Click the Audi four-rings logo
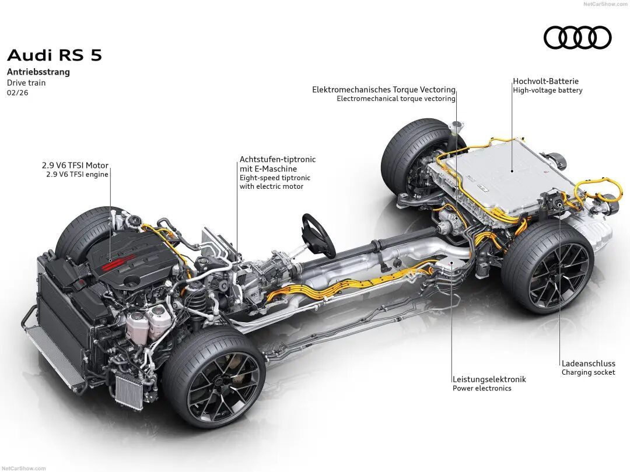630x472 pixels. point(577,38)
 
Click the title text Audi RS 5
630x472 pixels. point(54,55)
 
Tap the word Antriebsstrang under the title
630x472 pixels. point(38,72)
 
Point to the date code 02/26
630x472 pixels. point(17,93)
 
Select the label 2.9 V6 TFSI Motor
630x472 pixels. point(75,165)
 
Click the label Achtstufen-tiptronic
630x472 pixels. point(278,159)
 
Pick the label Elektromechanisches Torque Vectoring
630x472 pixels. point(384,90)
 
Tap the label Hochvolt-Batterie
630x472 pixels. point(546,81)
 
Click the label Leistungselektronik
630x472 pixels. point(489,379)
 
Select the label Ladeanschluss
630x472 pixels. point(588,362)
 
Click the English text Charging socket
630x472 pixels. point(588,372)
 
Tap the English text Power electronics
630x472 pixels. point(482,389)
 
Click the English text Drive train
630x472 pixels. point(26,83)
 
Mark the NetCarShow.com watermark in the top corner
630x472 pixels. point(605,4)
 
